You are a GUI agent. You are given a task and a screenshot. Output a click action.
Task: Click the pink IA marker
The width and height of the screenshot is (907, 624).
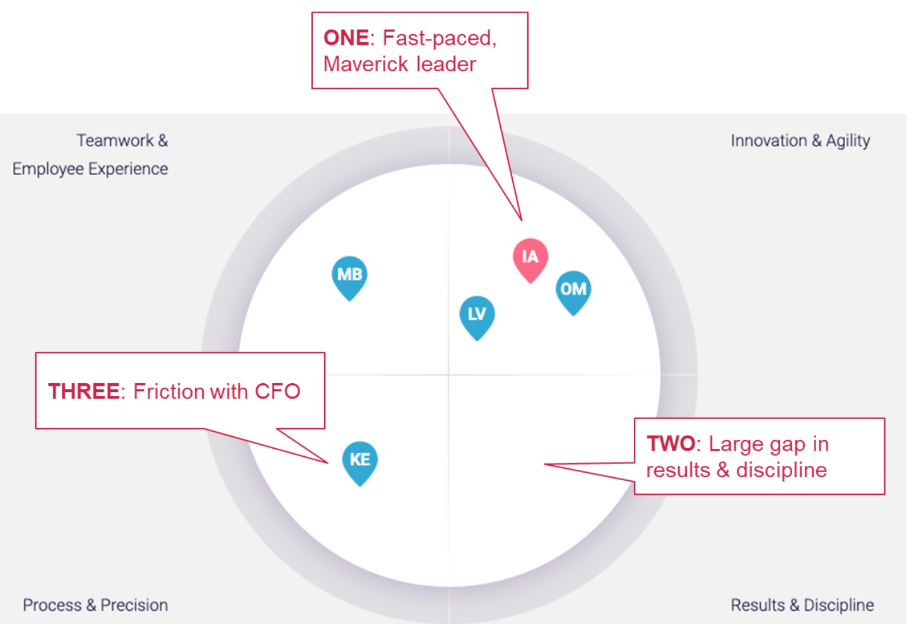click(530, 257)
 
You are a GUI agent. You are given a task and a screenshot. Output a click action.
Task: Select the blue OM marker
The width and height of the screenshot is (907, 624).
click(573, 290)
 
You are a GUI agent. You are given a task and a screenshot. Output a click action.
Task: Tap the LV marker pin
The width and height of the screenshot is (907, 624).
click(477, 315)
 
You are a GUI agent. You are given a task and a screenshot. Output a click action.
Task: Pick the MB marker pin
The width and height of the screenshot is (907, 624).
click(349, 275)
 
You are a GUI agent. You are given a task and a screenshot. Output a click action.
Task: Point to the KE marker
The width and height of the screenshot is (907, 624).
click(360, 460)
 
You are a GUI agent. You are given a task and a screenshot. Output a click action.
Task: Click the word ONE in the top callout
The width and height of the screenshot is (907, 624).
click(346, 38)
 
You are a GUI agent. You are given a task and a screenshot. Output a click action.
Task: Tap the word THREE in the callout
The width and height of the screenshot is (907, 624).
click(83, 391)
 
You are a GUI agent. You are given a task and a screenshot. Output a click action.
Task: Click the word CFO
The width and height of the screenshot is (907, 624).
click(277, 391)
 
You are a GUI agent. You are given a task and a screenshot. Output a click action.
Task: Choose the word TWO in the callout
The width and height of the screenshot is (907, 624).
click(670, 444)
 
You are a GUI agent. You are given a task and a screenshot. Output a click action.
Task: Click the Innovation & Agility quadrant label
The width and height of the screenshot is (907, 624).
click(800, 141)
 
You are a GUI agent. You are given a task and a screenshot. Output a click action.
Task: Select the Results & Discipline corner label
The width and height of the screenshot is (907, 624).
click(802, 605)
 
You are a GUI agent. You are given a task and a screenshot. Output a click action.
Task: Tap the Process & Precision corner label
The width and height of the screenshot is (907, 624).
click(95, 605)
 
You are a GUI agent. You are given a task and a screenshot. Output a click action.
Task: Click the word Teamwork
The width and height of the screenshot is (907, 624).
click(115, 141)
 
